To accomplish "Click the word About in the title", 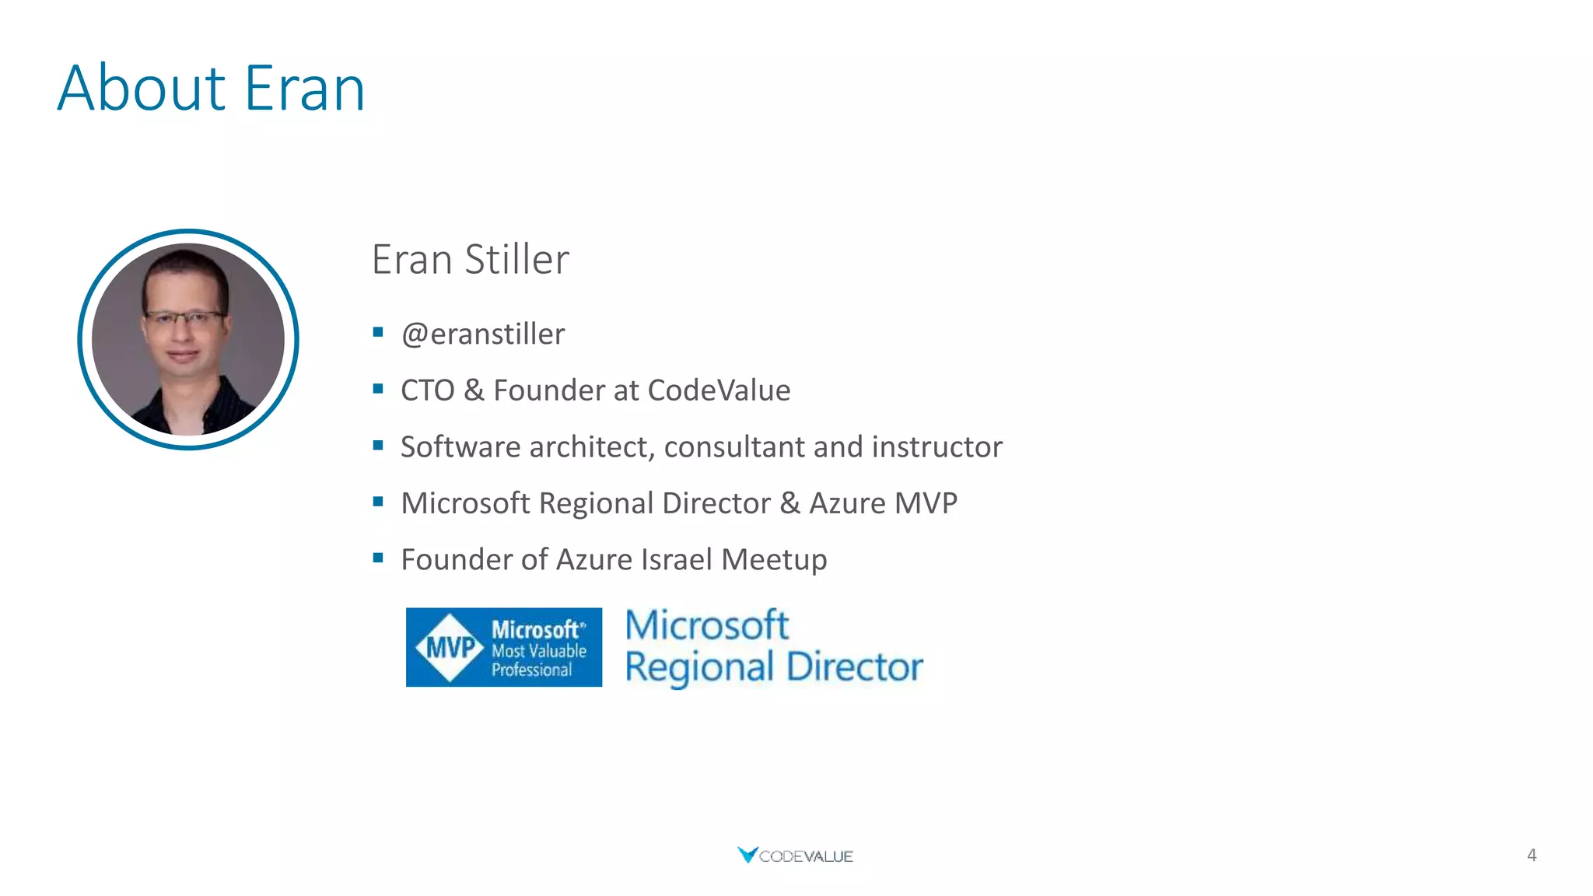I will pos(142,89).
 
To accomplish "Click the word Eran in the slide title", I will pos(304,89).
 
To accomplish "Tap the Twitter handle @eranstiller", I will pos(482,334).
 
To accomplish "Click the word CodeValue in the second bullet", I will pos(718,390).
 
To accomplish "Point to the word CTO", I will pos(427,390).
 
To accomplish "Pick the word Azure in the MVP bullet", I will pos(847,503).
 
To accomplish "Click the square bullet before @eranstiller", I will pos(378,333).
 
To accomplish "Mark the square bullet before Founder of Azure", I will pos(378,558).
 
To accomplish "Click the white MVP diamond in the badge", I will pos(450,647).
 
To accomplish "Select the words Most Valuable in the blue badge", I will pos(538,651).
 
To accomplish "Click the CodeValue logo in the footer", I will pos(795,856).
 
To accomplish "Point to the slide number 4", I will pos(1531,856).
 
